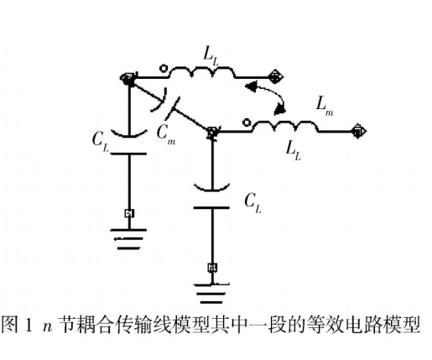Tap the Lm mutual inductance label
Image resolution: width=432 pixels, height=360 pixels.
coord(325,107)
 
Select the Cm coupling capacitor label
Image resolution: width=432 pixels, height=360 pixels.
coord(165,135)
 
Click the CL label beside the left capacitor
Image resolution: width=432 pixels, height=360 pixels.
coord(100,142)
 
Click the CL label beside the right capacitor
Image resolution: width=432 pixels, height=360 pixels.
coord(252,203)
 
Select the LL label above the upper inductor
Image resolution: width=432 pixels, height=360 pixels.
coord(210,57)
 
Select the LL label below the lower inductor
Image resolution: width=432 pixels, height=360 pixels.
coord(294,151)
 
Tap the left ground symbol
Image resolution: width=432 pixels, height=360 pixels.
coord(128,239)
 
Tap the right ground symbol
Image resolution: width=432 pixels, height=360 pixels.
coord(211,294)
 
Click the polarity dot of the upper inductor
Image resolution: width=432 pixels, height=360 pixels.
coord(164,69)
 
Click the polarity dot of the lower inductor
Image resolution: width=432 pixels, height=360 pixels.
coord(247,123)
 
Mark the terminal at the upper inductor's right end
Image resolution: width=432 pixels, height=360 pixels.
coord(275,76)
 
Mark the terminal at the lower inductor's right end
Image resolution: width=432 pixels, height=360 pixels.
coord(359,131)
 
